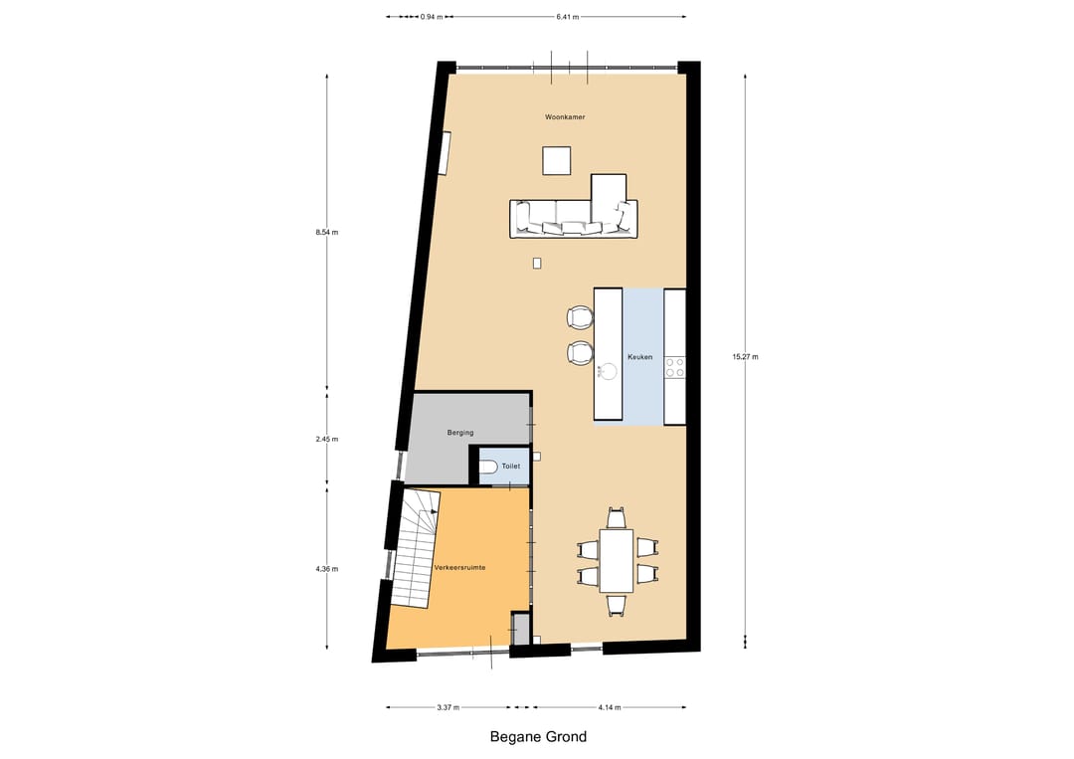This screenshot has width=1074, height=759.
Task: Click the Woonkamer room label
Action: click(565, 117)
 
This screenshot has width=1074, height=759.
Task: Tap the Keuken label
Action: click(639, 357)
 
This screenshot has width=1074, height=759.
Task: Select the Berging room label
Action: click(460, 433)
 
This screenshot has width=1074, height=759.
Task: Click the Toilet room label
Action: click(511, 466)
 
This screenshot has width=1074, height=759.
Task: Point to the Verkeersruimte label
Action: click(459, 567)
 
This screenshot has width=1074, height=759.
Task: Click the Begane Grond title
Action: click(538, 736)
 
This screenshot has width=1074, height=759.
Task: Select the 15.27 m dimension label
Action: click(745, 357)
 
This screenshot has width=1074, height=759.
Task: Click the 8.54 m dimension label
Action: click(327, 232)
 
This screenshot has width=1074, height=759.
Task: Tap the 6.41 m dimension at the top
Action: click(568, 17)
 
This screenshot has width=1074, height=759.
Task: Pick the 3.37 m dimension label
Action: click(447, 707)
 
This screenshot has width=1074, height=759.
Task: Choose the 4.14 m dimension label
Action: click(609, 707)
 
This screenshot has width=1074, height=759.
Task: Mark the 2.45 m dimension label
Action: click(327, 439)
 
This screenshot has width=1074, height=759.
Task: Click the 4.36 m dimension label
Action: click(327, 569)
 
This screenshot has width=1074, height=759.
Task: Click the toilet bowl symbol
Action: click(487, 467)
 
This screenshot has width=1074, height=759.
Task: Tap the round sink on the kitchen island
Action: click(607, 372)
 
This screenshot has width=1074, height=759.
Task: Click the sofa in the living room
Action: click(574, 219)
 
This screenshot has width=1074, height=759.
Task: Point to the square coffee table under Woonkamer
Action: click(557, 161)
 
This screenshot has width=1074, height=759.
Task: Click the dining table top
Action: click(617, 560)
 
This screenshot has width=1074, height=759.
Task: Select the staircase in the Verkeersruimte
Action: click(415, 548)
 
